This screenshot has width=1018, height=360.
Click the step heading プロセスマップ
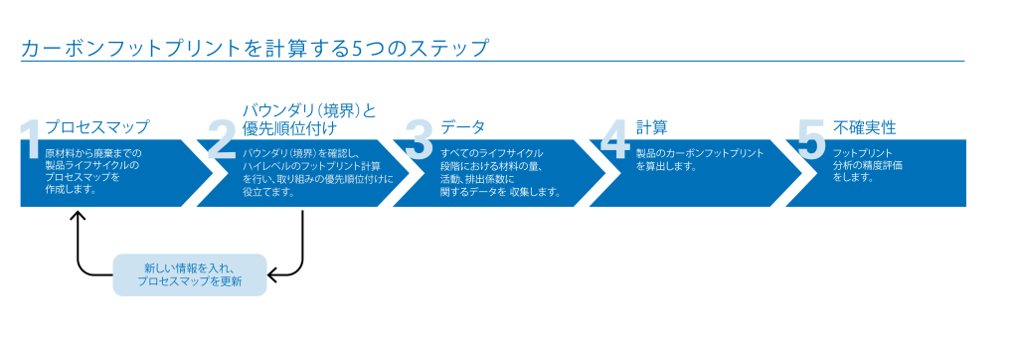pyautogui.click(x=97, y=127)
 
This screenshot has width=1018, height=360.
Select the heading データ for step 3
pyautogui.click(x=462, y=127)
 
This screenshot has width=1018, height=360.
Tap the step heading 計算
pyautogui.click(x=651, y=127)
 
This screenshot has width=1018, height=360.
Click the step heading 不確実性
pyautogui.click(x=864, y=127)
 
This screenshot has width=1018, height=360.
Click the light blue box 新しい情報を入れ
pyautogui.click(x=190, y=274)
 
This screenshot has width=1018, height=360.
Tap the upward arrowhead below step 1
pyautogui.click(x=78, y=216)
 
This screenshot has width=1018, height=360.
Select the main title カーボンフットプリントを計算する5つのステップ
pyautogui.click(x=254, y=48)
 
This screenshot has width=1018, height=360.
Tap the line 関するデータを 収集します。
pyautogui.click(x=500, y=191)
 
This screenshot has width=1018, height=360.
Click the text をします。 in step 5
pyautogui.click(x=853, y=177)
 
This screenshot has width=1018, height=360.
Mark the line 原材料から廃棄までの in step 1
pyautogui.click(x=93, y=153)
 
